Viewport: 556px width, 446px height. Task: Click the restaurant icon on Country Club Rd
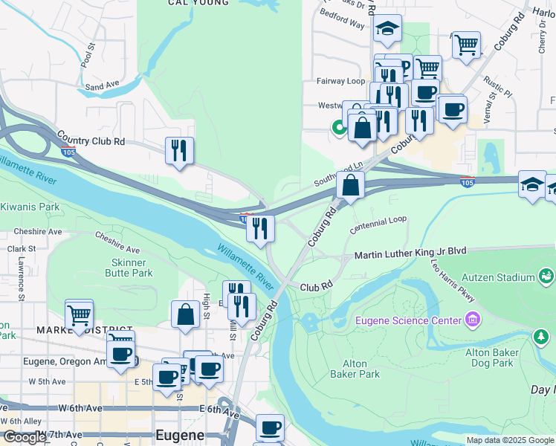click(x=179, y=151)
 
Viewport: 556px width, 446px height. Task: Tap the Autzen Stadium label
click(x=497, y=277)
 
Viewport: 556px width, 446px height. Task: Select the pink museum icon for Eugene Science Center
click(x=471, y=320)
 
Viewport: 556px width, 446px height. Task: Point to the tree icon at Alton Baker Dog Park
click(x=540, y=337)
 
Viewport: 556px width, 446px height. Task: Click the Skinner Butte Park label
click(x=132, y=268)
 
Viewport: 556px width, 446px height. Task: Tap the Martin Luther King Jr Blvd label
click(x=410, y=252)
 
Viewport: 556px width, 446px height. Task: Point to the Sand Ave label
click(x=102, y=87)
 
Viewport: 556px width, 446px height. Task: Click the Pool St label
click(x=90, y=56)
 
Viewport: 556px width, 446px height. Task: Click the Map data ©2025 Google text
click(x=510, y=440)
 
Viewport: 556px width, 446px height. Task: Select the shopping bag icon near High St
click(x=185, y=314)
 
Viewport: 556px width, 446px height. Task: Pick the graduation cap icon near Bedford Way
click(x=387, y=29)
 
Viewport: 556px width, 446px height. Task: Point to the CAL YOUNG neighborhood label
click(x=198, y=3)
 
